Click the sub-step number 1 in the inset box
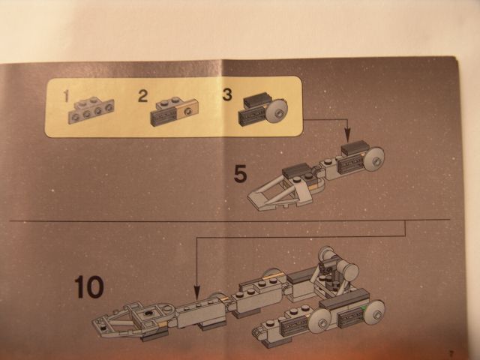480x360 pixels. [x=66, y=96]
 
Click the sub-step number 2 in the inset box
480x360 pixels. [x=143, y=96]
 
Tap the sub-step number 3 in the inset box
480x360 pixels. [x=227, y=94]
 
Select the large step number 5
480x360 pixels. [x=240, y=174]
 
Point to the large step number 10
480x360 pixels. [x=89, y=286]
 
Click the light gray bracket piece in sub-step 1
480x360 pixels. [x=91, y=110]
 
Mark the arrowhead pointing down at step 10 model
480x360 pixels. [x=196, y=293]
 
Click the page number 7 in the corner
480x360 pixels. [x=451, y=352]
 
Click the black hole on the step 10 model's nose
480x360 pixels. [x=149, y=313]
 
